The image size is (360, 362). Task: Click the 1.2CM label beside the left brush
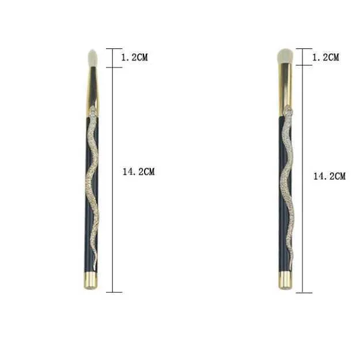tap(134, 57)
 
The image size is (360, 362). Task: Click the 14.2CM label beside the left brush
tap(138, 172)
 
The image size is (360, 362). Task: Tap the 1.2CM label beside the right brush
tap(325, 57)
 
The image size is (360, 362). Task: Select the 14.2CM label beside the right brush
tap(329, 176)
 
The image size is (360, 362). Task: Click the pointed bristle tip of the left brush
tap(93, 51)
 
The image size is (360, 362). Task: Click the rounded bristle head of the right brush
tap(285, 56)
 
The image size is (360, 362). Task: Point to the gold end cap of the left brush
tap(90, 281)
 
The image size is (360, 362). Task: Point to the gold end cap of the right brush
tap(285, 280)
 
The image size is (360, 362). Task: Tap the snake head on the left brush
tap(93, 110)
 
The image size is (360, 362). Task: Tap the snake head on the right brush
tap(288, 110)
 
